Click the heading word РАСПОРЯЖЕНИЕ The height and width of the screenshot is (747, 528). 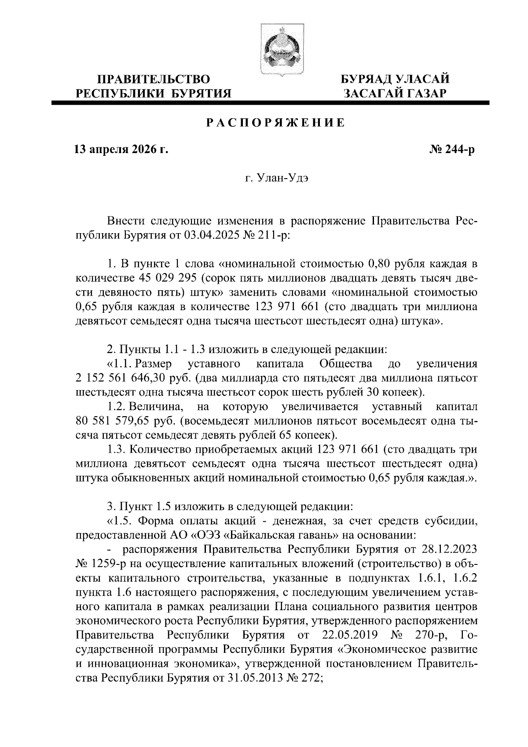(x=276, y=123)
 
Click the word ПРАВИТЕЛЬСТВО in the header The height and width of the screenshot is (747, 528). (x=154, y=80)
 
